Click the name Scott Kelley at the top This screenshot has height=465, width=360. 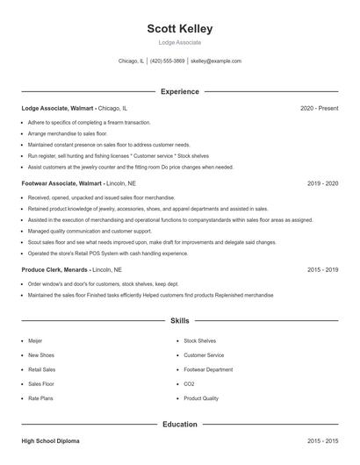coord(179,29)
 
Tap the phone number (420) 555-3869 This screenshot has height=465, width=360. coord(167,61)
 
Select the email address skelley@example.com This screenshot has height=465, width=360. coord(216,61)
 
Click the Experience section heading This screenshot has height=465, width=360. coord(180,91)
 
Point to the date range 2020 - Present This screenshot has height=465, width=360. coord(319,108)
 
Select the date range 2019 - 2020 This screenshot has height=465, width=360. coord(322,183)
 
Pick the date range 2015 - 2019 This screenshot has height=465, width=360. coord(322,270)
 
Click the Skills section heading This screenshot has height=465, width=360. coord(180,321)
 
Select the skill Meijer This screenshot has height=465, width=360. coord(36,340)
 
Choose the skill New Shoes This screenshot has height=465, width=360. coord(41,355)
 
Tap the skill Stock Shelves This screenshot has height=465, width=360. coord(199,340)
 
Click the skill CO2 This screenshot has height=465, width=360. coord(190,384)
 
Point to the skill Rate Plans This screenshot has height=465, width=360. coord(41,398)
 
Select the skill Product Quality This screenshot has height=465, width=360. coord(201,398)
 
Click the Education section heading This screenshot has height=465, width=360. coord(180,425)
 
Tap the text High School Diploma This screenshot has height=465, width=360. coord(51,441)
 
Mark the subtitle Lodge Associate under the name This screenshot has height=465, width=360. coord(179,42)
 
